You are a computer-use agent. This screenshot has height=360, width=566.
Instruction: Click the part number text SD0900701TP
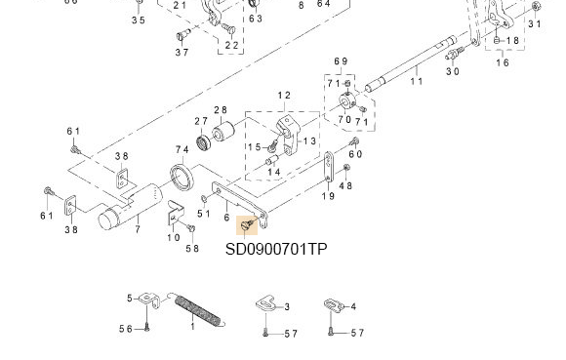(276, 249)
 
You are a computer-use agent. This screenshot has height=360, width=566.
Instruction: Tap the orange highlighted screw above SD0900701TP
(250, 226)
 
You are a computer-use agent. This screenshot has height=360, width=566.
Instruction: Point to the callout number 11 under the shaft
(417, 81)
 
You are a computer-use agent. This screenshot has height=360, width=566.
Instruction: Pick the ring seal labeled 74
(182, 180)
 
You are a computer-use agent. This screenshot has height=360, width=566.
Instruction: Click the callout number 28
(221, 110)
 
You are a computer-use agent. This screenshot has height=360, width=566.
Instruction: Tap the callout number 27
(200, 121)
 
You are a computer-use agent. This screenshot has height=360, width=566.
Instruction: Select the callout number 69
(341, 61)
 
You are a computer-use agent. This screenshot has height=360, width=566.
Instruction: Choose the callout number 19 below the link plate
(329, 196)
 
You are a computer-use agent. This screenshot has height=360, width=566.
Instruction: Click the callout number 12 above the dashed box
(284, 96)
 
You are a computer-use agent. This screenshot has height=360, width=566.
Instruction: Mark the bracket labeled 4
(334, 306)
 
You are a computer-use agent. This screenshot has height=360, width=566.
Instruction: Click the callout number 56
(126, 330)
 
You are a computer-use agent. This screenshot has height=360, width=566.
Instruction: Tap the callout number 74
(182, 149)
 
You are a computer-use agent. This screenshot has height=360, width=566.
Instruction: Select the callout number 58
(192, 249)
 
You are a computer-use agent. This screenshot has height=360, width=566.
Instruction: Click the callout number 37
(182, 53)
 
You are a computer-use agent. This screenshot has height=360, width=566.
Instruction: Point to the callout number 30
(453, 71)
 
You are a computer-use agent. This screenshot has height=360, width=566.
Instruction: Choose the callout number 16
(503, 62)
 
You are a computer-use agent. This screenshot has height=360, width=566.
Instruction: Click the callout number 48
(346, 186)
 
